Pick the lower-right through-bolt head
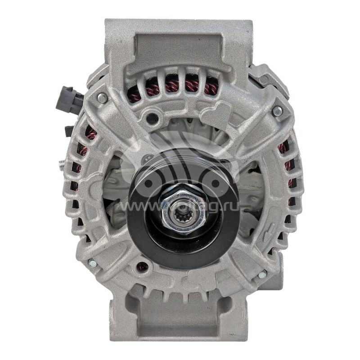tap(262, 274)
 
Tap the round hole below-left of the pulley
tap(144, 266)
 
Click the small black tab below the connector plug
tap(69, 130)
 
